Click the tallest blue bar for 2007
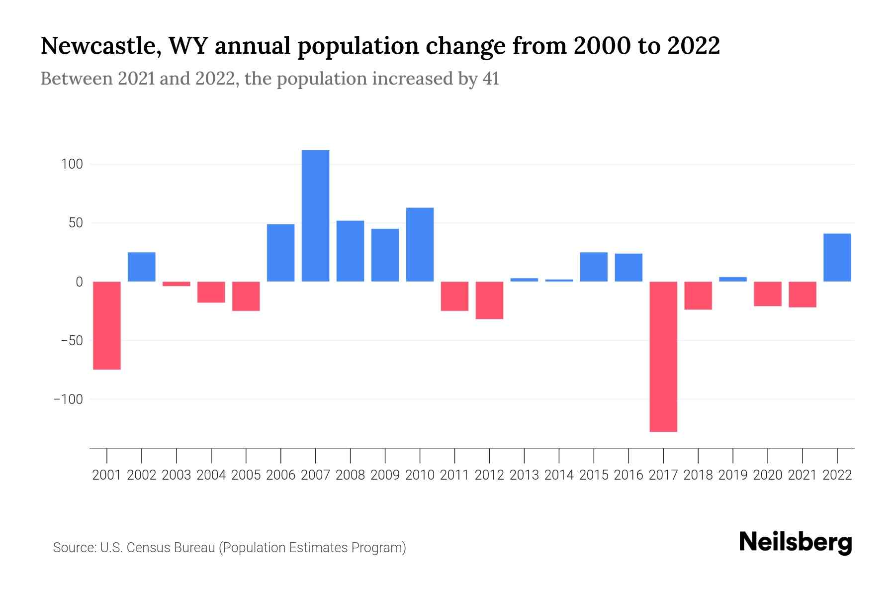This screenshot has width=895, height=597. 315,215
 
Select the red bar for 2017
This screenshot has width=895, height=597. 663,356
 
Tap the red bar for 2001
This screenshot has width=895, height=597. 107,325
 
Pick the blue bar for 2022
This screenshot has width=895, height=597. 837,257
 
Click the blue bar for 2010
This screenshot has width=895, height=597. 420,244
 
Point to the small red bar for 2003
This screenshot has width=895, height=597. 177,284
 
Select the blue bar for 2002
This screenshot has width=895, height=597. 142,267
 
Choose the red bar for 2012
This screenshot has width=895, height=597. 489,300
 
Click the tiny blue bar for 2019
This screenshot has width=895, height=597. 733,279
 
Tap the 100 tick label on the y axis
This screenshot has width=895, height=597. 72,164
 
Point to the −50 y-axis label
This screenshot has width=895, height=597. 72,341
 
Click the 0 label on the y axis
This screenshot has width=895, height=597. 79,282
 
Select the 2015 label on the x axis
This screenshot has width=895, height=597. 594,475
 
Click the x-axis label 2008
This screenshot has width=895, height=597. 350,475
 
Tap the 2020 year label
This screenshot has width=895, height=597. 768,475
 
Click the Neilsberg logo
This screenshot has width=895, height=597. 796,542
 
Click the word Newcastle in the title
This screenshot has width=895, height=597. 100,46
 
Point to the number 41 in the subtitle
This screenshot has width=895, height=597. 490,79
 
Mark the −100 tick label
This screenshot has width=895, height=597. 68,399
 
